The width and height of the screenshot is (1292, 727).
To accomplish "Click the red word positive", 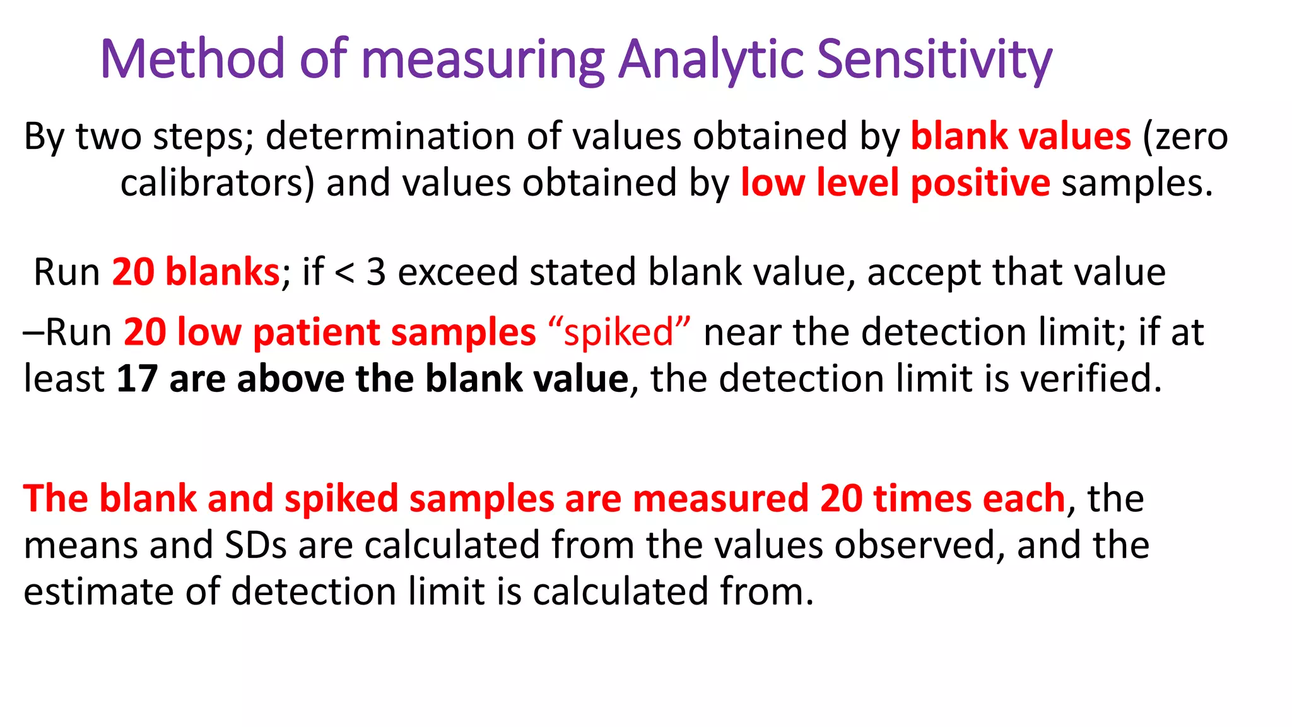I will pyautogui.click(x=980, y=184).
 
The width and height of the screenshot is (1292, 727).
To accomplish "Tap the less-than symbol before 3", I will pyautogui.click(x=344, y=273).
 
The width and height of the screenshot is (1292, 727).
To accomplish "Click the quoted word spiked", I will pyautogui.click(x=619, y=333).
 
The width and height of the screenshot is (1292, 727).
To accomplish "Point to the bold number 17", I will pyautogui.click(x=137, y=379).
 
